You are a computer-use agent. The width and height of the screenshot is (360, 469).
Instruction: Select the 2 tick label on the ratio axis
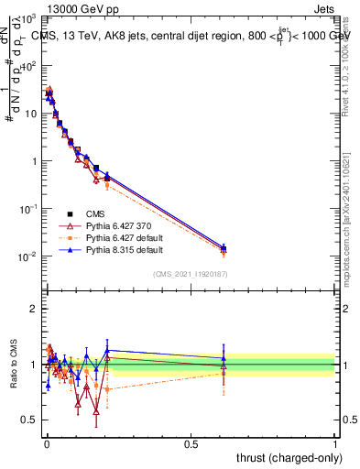pyautogui.click(x=34, y=309)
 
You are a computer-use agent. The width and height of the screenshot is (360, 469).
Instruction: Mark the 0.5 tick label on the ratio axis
pyautogui.click(x=29, y=420)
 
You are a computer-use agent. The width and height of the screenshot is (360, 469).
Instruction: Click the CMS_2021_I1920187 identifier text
pyautogui.click(x=190, y=273)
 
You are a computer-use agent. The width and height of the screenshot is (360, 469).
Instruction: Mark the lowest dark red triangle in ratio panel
pyautogui.click(x=96, y=413)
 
